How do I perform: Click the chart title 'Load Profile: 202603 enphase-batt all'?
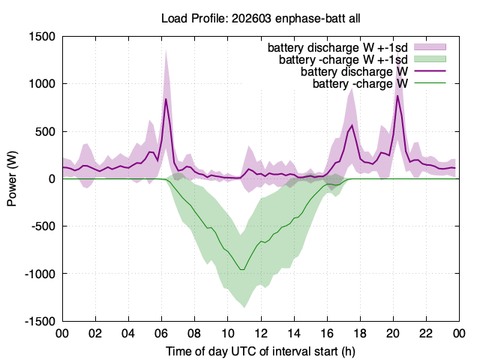(260, 18)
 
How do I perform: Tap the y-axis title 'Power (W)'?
(12, 178)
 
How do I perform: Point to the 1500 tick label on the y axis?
(42, 37)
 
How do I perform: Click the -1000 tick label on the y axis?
(40, 274)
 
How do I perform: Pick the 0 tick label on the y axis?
(52, 178)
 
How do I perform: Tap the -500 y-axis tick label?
(43, 226)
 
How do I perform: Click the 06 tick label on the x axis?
(161, 333)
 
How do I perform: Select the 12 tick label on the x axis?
(260, 333)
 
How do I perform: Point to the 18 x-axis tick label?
(360, 333)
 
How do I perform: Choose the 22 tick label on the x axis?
(426, 333)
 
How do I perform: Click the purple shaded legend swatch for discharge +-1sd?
(430, 46)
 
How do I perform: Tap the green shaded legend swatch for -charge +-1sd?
(430, 58)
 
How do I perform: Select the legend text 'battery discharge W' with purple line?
(354, 71)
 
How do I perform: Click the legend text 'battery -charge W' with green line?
(360, 83)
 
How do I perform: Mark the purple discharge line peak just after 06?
(166, 98)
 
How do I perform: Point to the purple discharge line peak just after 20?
(397, 96)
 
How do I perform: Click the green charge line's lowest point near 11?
(242, 270)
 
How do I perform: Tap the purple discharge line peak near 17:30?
(352, 125)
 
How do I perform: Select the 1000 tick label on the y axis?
(42, 83)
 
